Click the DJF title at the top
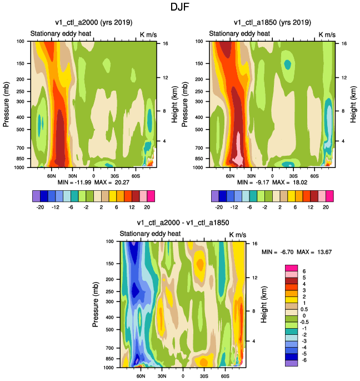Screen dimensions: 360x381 179,7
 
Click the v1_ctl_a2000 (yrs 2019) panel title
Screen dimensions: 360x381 94,23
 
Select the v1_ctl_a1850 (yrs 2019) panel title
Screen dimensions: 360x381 272,23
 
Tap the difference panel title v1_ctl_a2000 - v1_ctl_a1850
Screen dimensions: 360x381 183,222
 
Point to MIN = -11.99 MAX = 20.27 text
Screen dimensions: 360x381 93,182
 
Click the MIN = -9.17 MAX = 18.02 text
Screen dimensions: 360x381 272,182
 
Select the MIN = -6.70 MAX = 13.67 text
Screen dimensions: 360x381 297,252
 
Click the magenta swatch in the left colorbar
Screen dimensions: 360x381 151,196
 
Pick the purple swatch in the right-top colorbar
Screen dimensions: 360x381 215,196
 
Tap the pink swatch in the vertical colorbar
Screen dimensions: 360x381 291,274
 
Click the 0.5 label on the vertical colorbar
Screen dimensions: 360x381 304,309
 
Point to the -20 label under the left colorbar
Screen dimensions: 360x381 40,207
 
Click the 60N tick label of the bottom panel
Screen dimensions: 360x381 141,376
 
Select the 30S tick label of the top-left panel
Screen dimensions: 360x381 115,176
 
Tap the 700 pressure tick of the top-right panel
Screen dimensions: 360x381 199,148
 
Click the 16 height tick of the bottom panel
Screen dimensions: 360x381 254,244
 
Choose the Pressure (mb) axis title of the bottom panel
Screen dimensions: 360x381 96,304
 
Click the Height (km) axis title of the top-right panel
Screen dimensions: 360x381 353,104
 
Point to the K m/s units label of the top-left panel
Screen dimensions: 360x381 148,34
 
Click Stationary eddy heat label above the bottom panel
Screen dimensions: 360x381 150,234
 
